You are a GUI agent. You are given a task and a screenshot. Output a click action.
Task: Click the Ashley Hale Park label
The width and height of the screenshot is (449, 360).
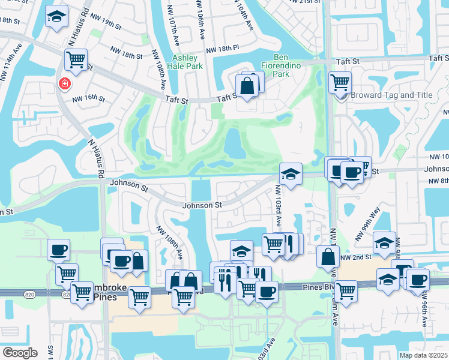184,62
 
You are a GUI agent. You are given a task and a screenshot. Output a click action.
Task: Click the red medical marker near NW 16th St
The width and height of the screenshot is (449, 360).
64,85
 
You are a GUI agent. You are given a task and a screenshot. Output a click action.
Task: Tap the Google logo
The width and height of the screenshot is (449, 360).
20,353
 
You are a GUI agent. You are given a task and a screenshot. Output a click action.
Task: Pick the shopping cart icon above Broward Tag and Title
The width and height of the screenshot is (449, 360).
340,81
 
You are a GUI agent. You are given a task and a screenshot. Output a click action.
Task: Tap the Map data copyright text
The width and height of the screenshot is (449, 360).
423,355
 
